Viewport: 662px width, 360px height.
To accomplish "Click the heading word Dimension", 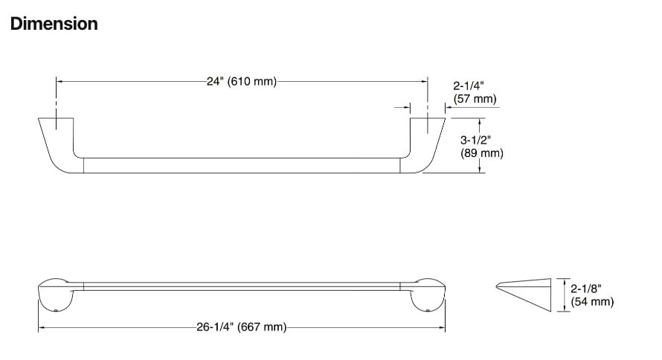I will coord(54,24).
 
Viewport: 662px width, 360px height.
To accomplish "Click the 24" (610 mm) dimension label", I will coord(242,82).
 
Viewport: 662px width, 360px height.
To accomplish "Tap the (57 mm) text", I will coord(475,98).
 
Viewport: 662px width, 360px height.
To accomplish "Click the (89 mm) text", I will coord(481,153).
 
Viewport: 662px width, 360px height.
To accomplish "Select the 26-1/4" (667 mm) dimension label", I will coord(241,327).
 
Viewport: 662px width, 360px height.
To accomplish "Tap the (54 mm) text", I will coord(592,302).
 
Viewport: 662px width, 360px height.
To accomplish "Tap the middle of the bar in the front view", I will coord(242,286).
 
